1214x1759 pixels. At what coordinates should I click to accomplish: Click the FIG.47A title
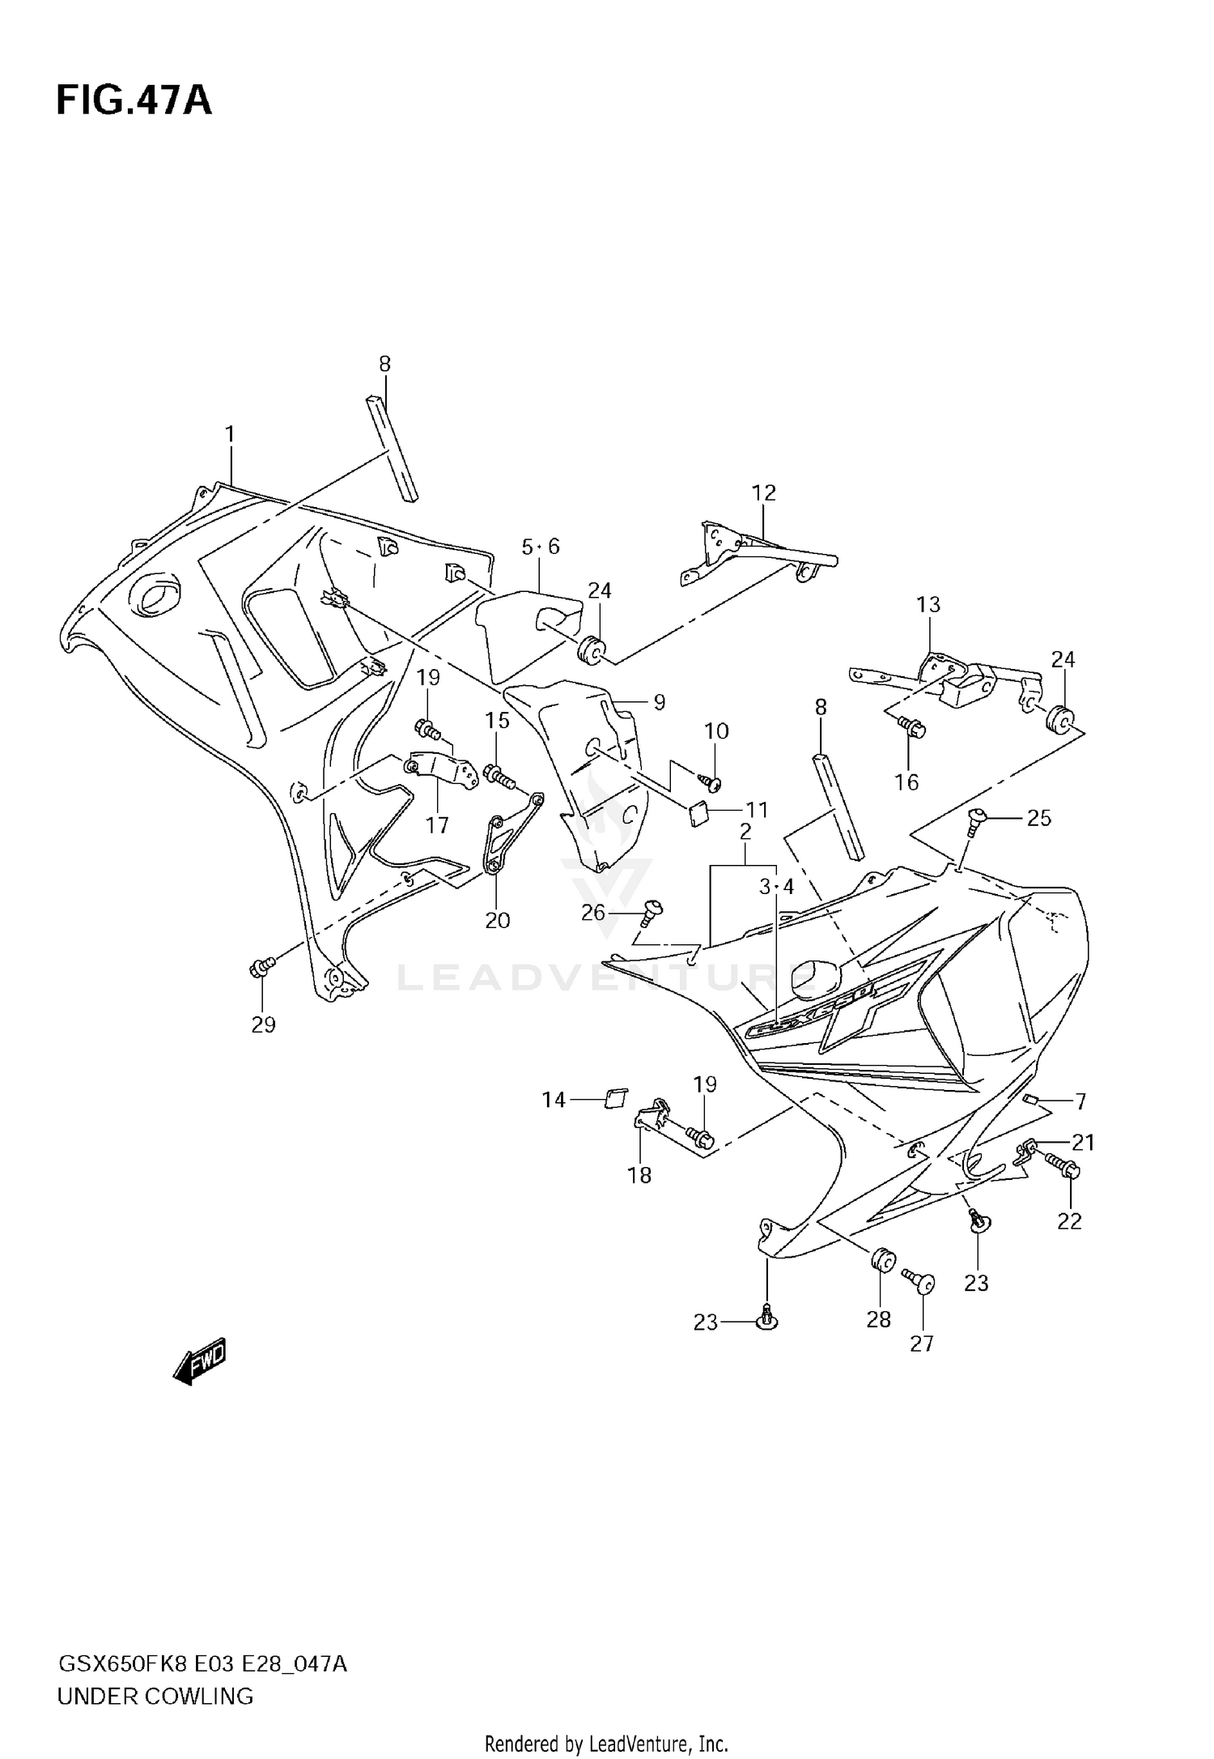pyautogui.click(x=134, y=101)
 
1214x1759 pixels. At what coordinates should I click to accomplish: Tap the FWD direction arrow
pyautogui.click(x=200, y=1361)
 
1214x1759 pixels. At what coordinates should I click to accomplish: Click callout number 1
pyautogui.click(x=230, y=435)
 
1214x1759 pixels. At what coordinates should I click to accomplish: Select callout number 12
pyautogui.click(x=763, y=492)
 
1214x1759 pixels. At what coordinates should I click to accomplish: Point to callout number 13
pyautogui.click(x=928, y=604)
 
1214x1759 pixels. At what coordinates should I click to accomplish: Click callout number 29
pyautogui.click(x=263, y=1024)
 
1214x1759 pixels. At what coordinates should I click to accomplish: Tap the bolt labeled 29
pyautogui.click(x=262, y=965)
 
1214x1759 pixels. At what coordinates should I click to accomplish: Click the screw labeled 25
pyautogui.click(x=976, y=820)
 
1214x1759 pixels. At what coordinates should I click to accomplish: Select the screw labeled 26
pyautogui.click(x=651, y=912)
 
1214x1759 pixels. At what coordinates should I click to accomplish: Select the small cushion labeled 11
pyautogui.click(x=698, y=811)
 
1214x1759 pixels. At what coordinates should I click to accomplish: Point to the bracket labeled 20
pyautogui.click(x=507, y=833)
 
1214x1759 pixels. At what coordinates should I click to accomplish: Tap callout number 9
pyautogui.click(x=659, y=702)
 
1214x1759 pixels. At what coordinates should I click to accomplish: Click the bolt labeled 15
pyautogui.click(x=498, y=776)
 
